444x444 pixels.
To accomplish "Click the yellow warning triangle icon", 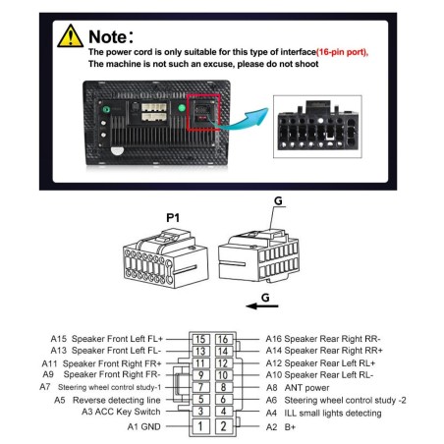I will (x=69, y=35).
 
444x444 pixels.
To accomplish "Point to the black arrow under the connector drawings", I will (x=257, y=305).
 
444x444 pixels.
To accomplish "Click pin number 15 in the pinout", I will (x=199, y=339).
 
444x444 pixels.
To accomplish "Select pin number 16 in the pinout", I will (x=224, y=339).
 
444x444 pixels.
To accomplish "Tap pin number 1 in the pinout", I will (x=199, y=425).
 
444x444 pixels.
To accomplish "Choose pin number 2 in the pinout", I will (x=224, y=425).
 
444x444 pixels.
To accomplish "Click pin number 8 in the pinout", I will (x=224, y=388).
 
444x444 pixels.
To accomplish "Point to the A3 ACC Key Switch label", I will (x=122, y=413).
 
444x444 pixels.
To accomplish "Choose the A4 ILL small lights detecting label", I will (x=323, y=413).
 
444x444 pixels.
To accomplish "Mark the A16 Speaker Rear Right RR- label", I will (x=324, y=338).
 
